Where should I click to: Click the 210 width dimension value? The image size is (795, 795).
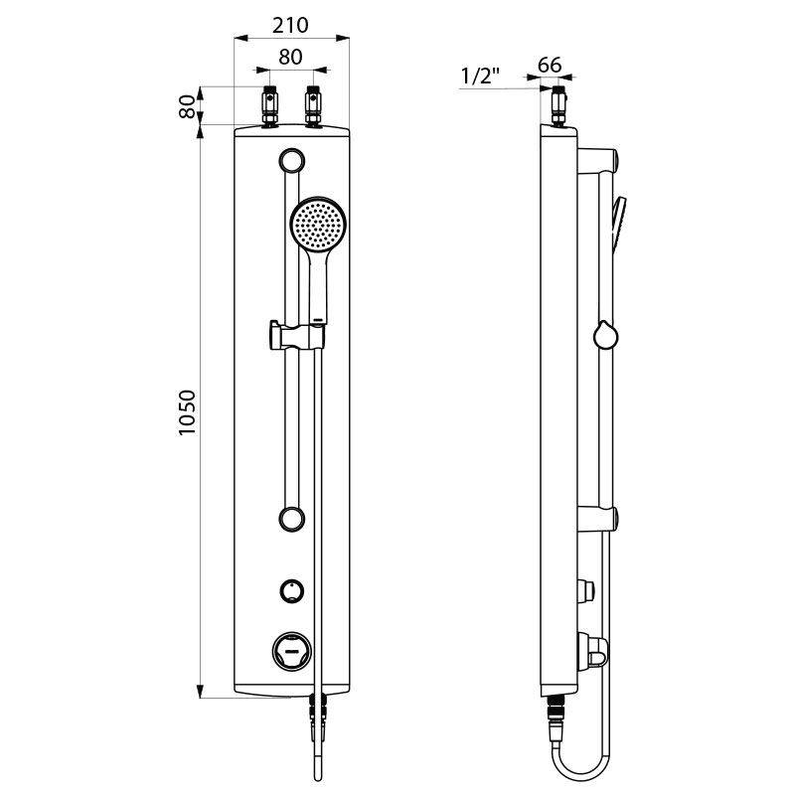pos(291,24)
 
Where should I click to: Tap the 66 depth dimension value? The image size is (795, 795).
pos(550,66)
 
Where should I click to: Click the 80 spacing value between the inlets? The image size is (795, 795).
pos(290,58)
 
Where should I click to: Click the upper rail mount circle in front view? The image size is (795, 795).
pos(291,159)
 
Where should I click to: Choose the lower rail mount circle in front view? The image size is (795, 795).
pos(291,517)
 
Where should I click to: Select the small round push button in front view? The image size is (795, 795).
pos(292,591)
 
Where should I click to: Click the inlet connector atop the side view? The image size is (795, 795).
pos(557,107)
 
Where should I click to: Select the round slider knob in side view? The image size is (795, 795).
pos(604,336)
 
